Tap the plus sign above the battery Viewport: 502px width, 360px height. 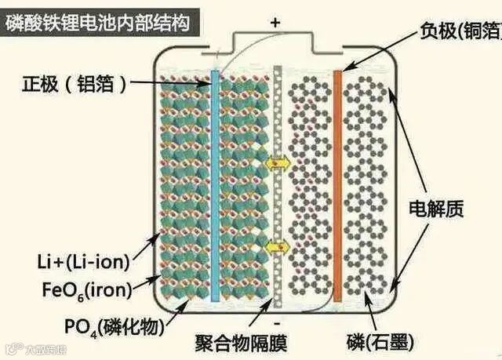pyautogui.click(x=275, y=23)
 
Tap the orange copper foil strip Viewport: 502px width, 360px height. pyautogui.click(x=337, y=180)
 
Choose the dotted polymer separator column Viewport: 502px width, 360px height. pyautogui.click(x=276, y=188)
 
